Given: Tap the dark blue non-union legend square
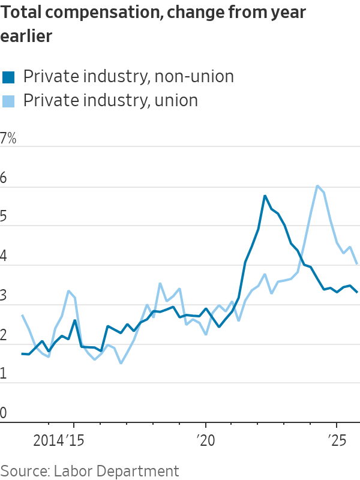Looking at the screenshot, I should coord(8,77).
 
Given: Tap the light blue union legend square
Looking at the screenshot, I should coord(8,100).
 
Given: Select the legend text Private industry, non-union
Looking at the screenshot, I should coord(128,77).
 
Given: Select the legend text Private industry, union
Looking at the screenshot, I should coord(110,100).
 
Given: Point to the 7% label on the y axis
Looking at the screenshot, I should coord(8,139).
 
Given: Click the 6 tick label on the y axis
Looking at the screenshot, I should coord(5,178).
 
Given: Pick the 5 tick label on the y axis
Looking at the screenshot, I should coord(5,217).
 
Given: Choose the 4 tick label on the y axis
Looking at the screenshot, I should coord(5,257).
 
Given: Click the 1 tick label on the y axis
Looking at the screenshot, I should coord(5,374).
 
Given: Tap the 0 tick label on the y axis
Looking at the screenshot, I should coord(5,413).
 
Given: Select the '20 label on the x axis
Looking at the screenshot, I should coord(206,440).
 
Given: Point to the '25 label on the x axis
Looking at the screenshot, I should coord(337,440).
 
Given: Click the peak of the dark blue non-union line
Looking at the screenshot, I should coord(265,196).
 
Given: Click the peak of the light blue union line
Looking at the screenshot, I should coord(317,186).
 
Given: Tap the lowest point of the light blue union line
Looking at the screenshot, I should coord(121,363).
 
